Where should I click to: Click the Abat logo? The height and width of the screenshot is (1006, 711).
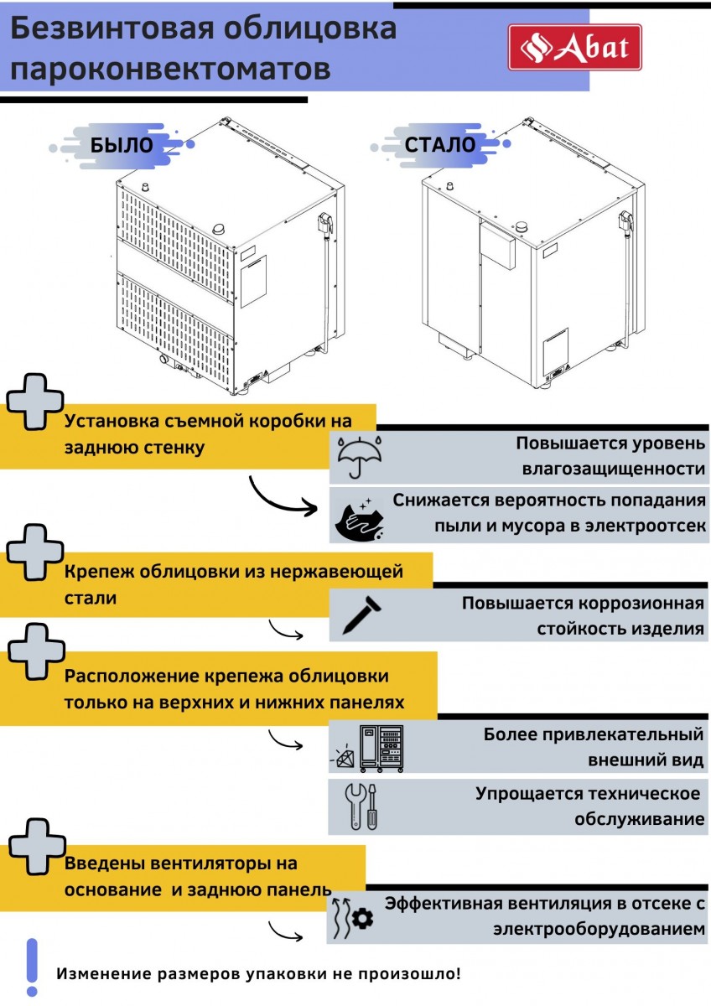[574, 47]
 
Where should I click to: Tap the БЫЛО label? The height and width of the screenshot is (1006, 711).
[122, 144]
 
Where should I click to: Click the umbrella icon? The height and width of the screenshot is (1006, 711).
[360, 456]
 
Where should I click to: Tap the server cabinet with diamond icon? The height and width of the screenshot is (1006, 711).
[370, 749]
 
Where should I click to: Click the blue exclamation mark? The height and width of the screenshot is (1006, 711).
[32, 966]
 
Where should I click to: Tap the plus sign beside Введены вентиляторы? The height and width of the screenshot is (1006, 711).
[34, 847]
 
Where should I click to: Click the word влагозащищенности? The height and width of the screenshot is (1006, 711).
[613, 469]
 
